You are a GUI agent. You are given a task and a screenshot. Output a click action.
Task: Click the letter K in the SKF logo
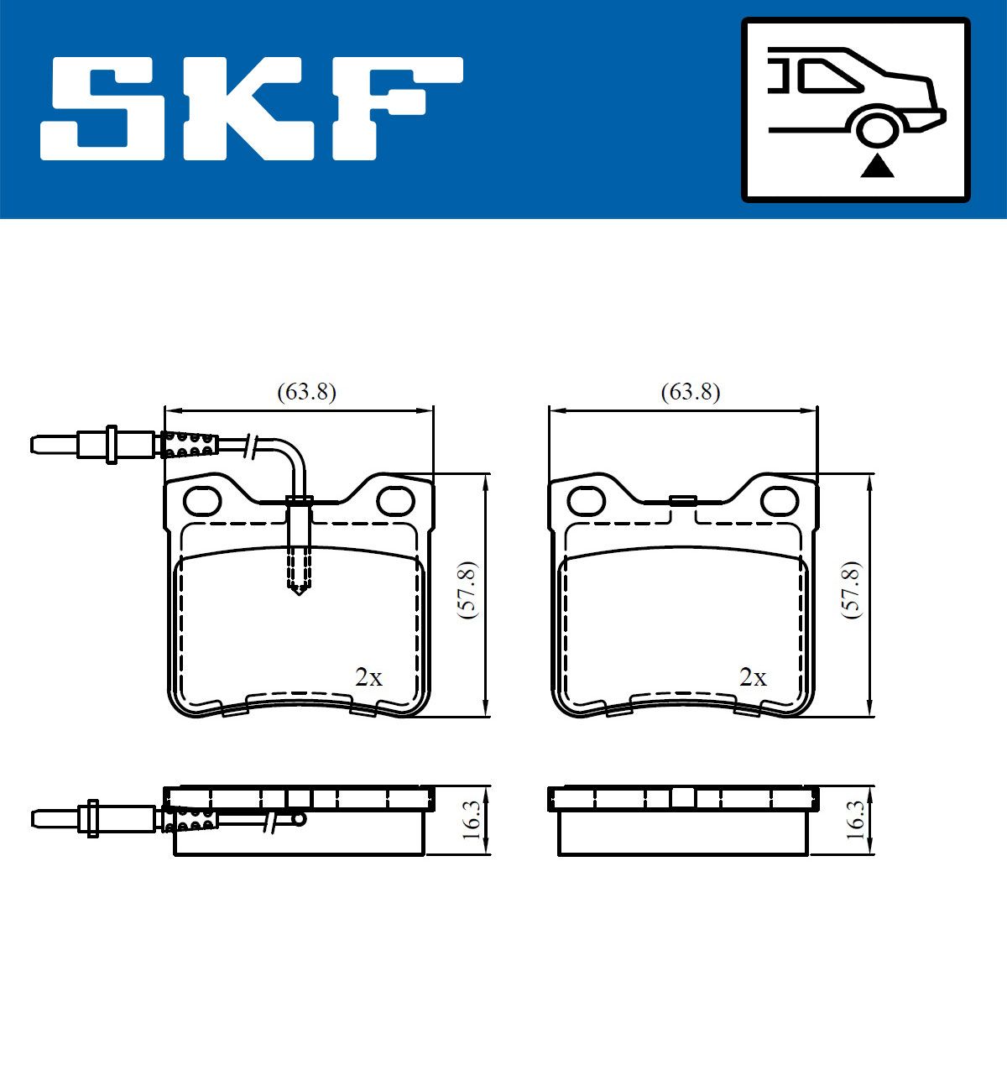tap(249, 108)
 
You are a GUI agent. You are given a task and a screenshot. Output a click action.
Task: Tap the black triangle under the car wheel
tap(877, 166)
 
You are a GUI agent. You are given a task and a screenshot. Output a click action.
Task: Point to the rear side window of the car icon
tap(829, 76)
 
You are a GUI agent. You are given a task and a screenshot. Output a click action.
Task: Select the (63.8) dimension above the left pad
tap(306, 392)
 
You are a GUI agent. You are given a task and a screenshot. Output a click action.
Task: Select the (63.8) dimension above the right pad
tap(691, 392)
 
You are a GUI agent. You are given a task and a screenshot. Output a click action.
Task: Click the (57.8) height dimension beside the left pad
tap(468, 591)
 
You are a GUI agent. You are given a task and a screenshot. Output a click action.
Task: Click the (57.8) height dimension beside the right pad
tap(852, 591)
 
